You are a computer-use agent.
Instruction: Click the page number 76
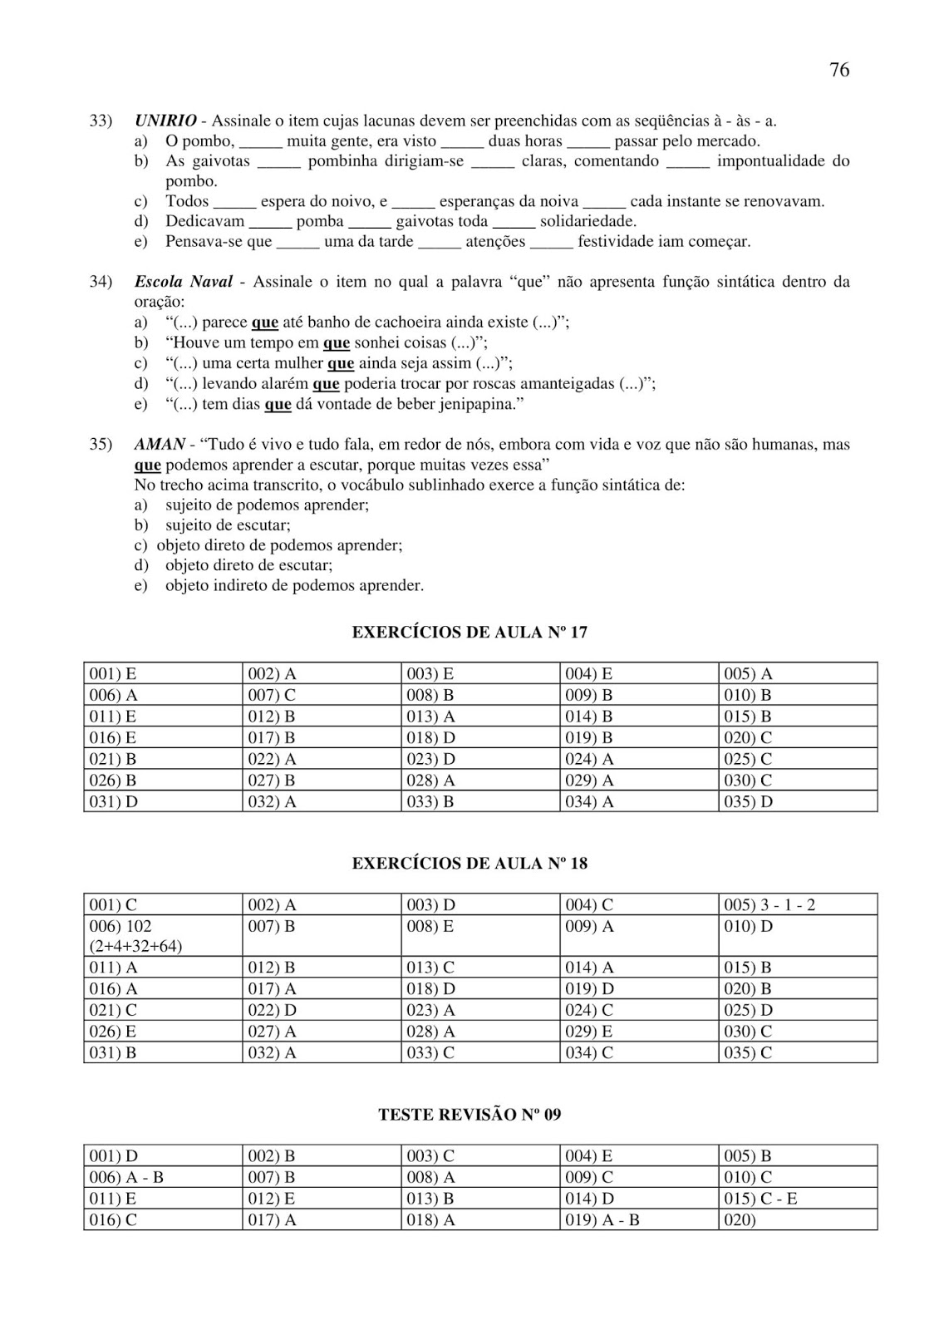pos(839,71)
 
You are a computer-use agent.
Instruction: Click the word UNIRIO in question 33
pos(165,121)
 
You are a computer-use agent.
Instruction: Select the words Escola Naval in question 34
pos(183,282)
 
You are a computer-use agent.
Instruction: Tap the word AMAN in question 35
pos(159,445)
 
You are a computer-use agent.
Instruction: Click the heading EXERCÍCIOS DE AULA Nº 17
pos(469,633)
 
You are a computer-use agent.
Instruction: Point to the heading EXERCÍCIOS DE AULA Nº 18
pos(469,864)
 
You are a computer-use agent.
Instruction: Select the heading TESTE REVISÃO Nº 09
pos(469,1115)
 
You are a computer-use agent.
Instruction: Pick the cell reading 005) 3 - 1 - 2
pos(769,905)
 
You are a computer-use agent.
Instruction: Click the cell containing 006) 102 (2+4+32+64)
pos(135,936)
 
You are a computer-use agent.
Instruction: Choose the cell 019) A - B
pos(602,1220)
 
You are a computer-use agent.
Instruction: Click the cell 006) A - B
pos(126,1178)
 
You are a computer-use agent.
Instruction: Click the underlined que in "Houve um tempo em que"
pos(336,342)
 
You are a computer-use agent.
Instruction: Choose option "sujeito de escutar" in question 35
pos(228,525)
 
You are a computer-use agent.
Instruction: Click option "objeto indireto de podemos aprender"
pos(294,586)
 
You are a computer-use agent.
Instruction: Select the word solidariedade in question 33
pos(587,222)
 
